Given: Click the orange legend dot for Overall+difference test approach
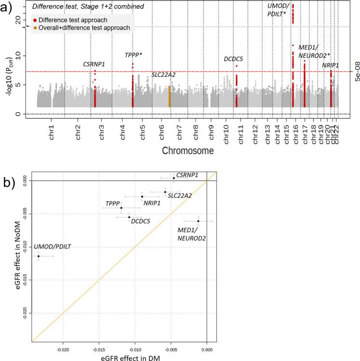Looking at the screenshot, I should point(35,28).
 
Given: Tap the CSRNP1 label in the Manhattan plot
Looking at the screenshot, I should point(94,64).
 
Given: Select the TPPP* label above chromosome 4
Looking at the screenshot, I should point(133,55).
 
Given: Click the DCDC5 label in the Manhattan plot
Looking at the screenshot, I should point(233,59).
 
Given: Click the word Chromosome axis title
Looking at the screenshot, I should point(188,151).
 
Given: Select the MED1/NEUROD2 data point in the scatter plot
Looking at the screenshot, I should point(198,221).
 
